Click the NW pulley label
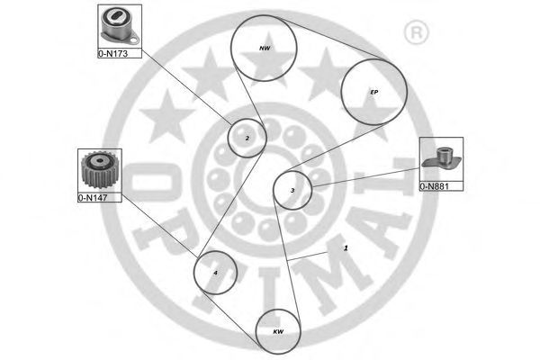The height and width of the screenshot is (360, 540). click(x=265, y=49)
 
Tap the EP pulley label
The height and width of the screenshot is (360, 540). click(x=374, y=92)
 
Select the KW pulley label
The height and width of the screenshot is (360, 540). click(x=278, y=332)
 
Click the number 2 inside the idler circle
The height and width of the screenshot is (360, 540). click(x=247, y=139)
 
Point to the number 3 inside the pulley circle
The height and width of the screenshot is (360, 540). click(x=292, y=190)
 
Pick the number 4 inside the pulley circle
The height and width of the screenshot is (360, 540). click(x=215, y=273)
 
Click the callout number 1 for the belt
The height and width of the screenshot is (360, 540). click(x=346, y=247)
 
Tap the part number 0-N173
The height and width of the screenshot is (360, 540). click(x=113, y=54)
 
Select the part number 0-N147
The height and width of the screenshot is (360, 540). click(x=93, y=198)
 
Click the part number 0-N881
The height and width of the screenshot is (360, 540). click(x=435, y=186)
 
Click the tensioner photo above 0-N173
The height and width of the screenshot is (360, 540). click(x=120, y=26)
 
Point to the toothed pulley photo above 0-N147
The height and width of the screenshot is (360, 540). click(x=100, y=170)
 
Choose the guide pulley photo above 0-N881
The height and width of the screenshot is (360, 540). click(x=442, y=158)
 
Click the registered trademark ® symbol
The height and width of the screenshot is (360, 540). click(x=416, y=32)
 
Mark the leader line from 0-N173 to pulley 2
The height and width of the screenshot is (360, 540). click(x=186, y=87)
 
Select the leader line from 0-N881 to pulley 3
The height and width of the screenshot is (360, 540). click(x=365, y=177)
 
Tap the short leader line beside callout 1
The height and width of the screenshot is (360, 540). click(x=308, y=256)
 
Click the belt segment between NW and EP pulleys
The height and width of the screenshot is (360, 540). click(x=336, y=39)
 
